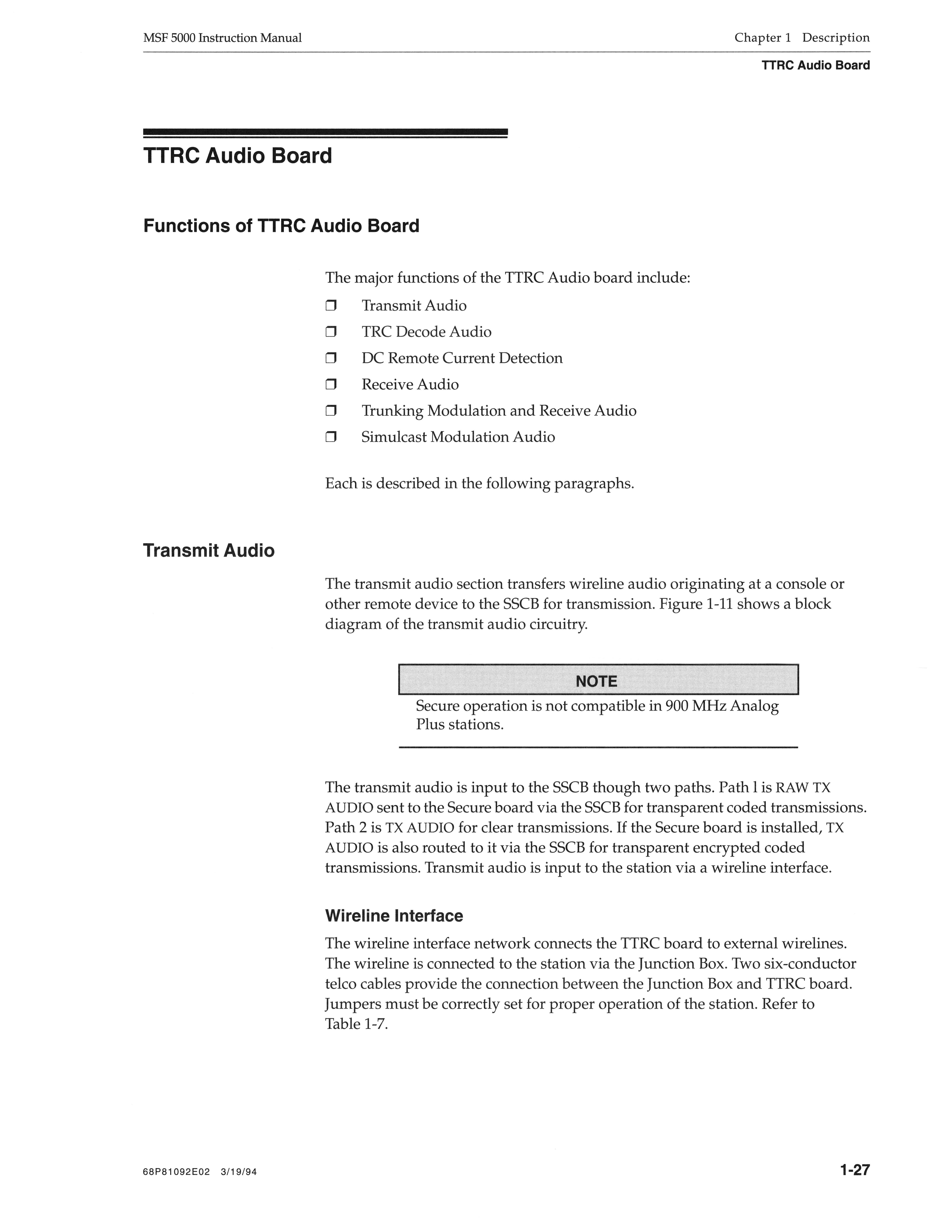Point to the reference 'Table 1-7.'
[356, 1024]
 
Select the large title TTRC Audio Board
[238, 156]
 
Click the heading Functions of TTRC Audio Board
[281, 226]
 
